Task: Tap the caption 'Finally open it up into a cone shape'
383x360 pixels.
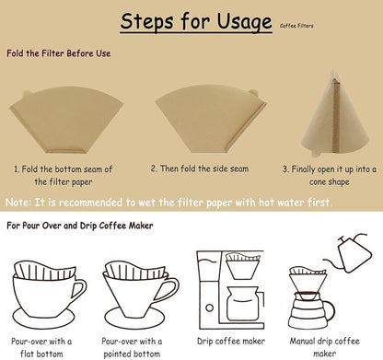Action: (329, 176)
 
